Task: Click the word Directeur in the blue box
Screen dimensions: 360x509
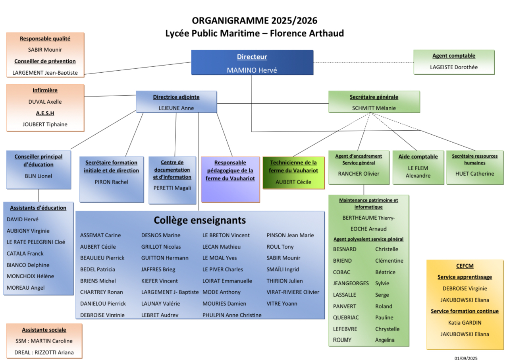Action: pyautogui.click(x=252, y=57)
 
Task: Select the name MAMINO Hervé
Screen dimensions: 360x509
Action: pyautogui.click(x=252, y=70)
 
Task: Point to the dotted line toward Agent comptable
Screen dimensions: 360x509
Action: pyautogui.click(x=363, y=62)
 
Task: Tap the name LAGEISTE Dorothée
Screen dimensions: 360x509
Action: pyautogui.click(x=454, y=67)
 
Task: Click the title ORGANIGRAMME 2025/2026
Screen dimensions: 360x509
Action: pyautogui.click(x=254, y=20)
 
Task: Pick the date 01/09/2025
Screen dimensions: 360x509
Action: pyautogui.click(x=466, y=358)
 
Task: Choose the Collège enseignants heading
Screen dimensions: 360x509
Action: pyautogui.click(x=200, y=220)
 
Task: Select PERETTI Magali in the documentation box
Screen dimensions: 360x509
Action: pyautogui.click(x=172, y=188)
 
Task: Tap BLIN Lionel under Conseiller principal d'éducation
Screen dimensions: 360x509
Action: pyautogui.click(x=39, y=176)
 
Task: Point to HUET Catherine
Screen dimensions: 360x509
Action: pyautogui.click(x=475, y=174)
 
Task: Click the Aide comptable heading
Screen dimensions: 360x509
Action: pyautogui.click(x=418, y=157)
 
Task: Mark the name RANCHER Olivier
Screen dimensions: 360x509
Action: pyautogui.click(x=359, y=174)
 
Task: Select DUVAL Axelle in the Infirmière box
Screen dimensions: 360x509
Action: pyautogui.click(x=45, y=102)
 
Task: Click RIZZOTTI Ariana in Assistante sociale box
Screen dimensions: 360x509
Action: pyautogui.click(x=56, y=352)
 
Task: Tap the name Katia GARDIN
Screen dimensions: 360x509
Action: pyautogui.click(x=465, y=323)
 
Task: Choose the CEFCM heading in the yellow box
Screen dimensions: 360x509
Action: pyautogui.click(x=465, y=266)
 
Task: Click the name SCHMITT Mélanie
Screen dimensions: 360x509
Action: pyautogui.click(x=374, y=108)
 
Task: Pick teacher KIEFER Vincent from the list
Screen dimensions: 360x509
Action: pyautogui.click(x=160, y=281)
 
